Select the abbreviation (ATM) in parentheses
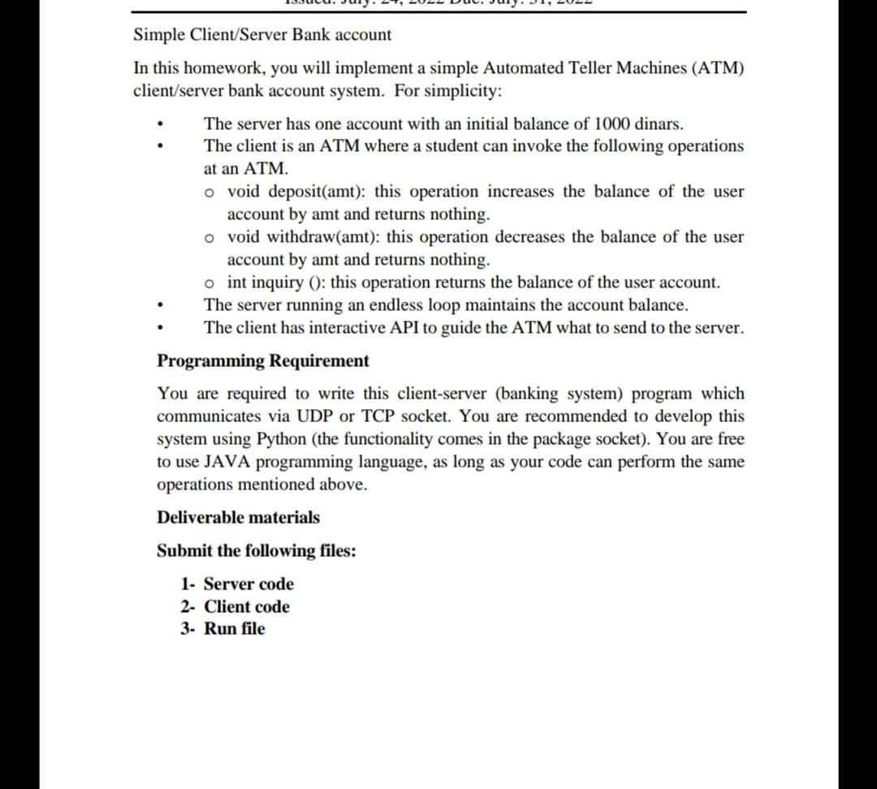coord(718,68)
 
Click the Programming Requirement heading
coord(262,361)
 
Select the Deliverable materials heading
coord(238,518)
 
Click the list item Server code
coord(248,584)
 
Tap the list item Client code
coord(246,607)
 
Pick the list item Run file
coord(234,629)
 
